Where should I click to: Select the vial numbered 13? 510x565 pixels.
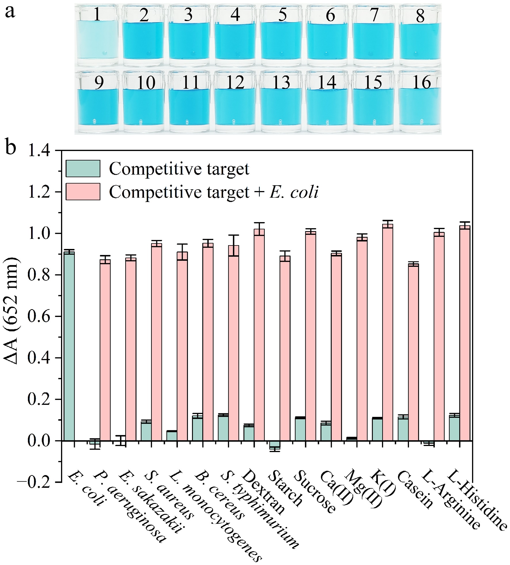(281, 102)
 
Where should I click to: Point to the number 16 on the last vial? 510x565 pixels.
(421, 82)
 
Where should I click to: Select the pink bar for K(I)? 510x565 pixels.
(387, 332)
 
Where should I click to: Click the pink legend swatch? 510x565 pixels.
(83, 192)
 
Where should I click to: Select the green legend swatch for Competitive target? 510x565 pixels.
(83, 168)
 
